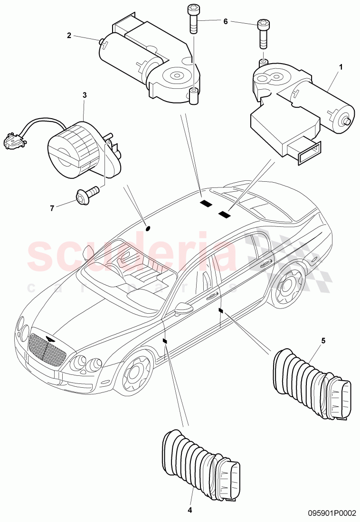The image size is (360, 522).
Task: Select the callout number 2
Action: tap(69, 35)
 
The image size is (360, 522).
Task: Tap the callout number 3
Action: tap(85, 95)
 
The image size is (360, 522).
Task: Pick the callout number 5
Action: tap(323, 340)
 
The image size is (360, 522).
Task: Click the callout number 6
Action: tap(226, 21)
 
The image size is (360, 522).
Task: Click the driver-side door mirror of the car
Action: tap(182, 309)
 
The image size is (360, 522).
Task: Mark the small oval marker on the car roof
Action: tap(148, 228)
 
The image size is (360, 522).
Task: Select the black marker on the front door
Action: tap(165, 341)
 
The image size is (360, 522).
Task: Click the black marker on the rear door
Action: tap(220, 311)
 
